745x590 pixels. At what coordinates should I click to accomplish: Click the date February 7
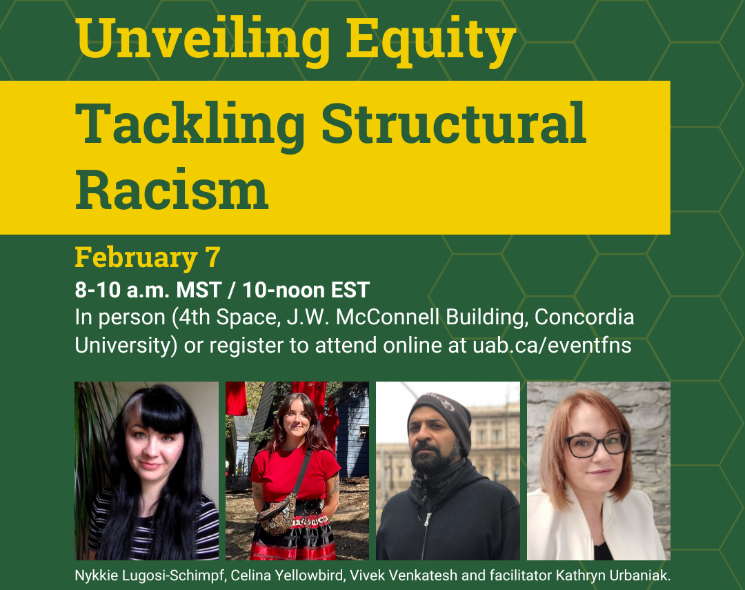[148, 257]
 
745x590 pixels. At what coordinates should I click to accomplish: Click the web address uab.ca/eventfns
[552, 345]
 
